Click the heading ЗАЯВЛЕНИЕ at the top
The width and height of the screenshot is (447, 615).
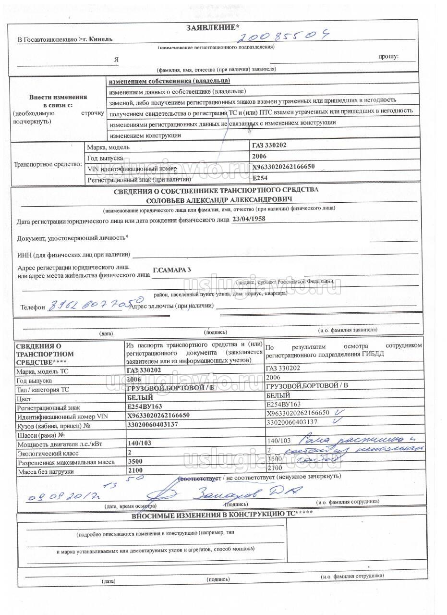[x=209, y=28]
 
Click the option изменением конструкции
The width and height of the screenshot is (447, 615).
[x=145, y=135]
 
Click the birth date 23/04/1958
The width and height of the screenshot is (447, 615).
[x=248, y=219]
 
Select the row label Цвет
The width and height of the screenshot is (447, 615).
[x=24, y=399]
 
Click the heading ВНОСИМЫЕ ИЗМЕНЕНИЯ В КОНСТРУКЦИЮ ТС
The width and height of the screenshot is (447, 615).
[x=222, y=515]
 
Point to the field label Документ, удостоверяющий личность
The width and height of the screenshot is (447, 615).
[x=72, y=238]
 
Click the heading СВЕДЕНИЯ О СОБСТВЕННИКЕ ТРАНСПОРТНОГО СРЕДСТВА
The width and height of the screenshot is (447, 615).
[x=216, y=189]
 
